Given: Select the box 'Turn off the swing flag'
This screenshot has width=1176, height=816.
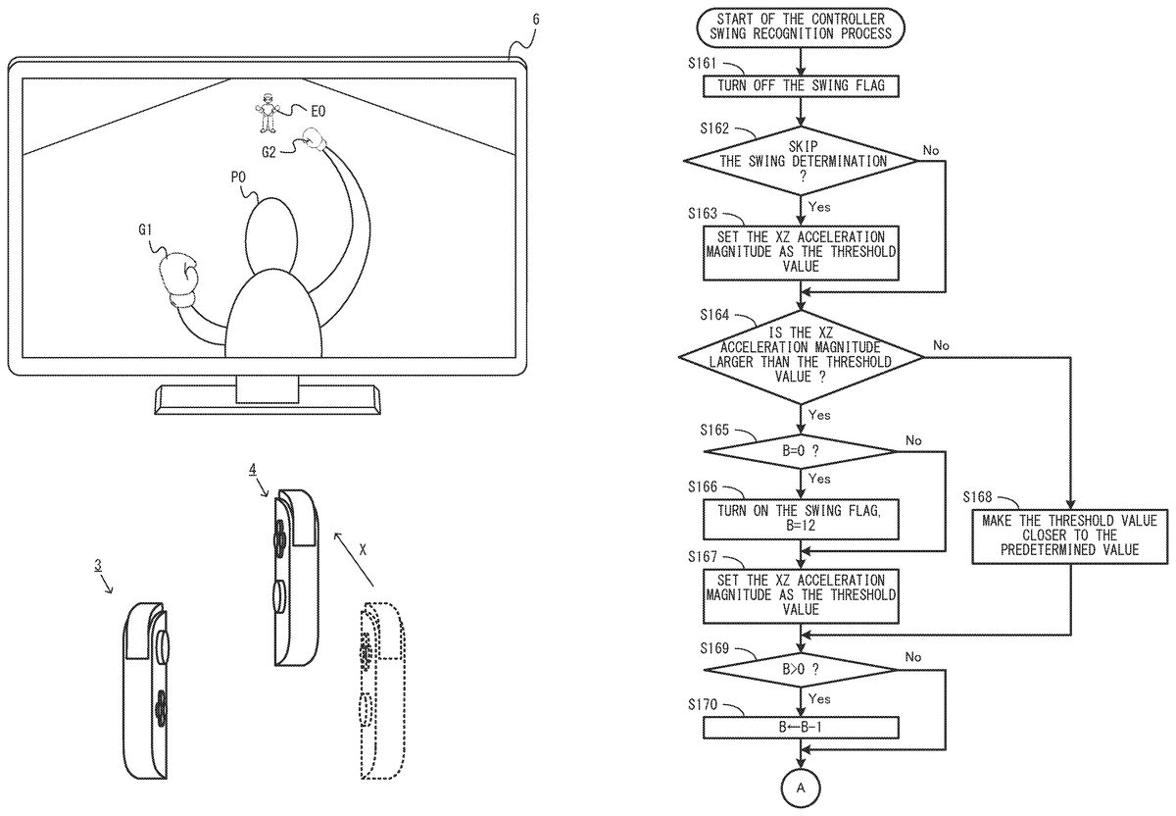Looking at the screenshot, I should (801, 85).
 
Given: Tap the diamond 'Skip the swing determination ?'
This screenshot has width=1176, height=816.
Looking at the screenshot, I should (801, 161).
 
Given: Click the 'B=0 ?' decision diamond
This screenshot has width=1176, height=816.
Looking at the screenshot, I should (801, 452).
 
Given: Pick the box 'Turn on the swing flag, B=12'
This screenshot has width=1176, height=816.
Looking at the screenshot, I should (801, 517).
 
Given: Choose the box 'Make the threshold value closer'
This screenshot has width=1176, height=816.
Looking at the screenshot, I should (1069, 535).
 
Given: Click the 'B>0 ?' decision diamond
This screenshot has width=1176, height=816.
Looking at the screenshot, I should (801, 670).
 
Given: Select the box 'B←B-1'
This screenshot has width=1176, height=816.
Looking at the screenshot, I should (801, 728).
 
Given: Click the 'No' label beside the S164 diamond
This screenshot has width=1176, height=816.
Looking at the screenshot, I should (942, 345).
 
